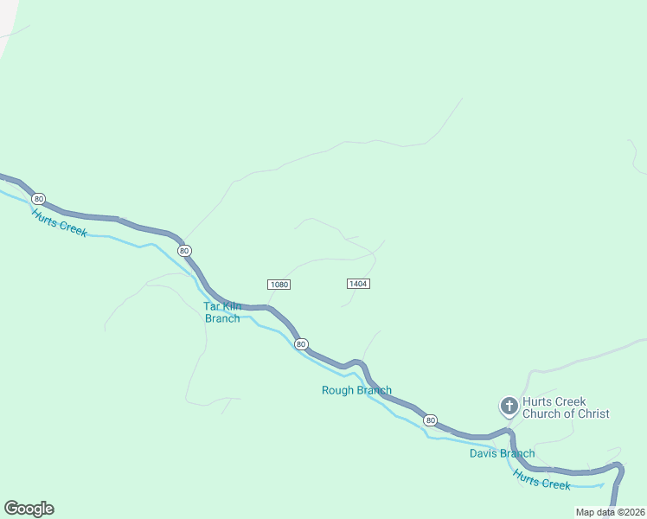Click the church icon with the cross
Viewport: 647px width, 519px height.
click(x=509, y=405)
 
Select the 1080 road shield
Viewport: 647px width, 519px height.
click(x=279, y=285)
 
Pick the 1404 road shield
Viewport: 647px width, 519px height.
click(x=358, y=284)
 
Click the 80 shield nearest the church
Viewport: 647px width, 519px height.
click(x=431, y=420)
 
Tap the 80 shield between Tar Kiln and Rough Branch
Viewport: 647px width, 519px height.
click(x=300, y=344)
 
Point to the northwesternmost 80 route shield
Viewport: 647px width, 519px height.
click(x=184, y=250)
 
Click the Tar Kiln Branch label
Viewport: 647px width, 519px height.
click(x=222, y=312)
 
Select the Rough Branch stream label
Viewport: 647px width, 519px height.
click(x=356, y=390)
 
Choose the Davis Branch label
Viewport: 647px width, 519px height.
click(x=502, y=453)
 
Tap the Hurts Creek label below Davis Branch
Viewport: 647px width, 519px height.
click(x=541, y=479)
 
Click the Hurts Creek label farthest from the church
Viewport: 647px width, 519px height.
click(x=60, y=223)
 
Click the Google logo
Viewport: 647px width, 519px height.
click(x=29, y=509)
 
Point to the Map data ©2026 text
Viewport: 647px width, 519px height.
click(x=610, y=512)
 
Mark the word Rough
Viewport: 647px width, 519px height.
click(x=338, y=390)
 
